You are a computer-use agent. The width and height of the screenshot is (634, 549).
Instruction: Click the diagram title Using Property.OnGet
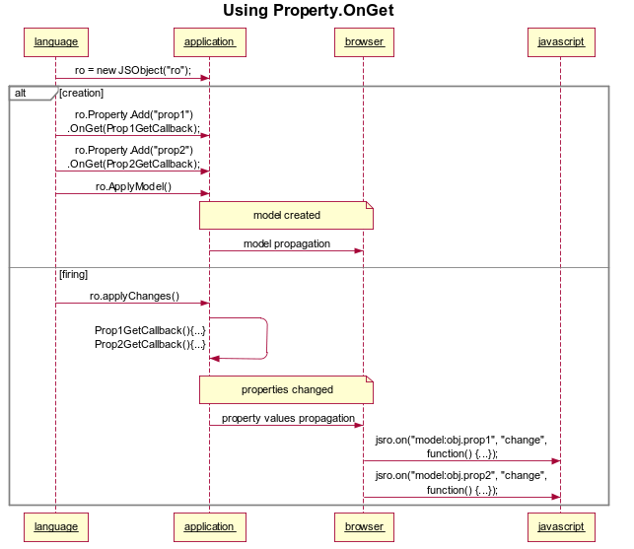click(309, 11)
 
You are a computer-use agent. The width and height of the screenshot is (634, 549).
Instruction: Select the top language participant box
click(55, 42)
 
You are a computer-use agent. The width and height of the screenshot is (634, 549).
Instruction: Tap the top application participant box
click(209, 42)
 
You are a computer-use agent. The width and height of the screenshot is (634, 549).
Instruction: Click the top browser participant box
click(364, 42)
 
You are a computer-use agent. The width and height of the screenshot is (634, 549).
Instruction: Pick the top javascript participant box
click(561, 42)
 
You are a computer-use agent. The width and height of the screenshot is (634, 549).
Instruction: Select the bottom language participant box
click(55, 526)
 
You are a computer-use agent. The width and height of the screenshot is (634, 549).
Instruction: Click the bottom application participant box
click(209, 526)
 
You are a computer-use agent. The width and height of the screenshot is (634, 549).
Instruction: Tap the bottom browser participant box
click(364, 526)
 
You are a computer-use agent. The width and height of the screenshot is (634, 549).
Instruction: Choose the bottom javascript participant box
click(561, 526)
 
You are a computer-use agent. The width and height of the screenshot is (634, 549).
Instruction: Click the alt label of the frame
click(22, 93)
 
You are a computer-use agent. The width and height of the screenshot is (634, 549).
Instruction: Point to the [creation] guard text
click(81, 93)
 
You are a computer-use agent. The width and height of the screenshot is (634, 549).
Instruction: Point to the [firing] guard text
click(74, 275)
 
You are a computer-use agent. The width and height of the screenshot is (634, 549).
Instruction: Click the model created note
click(286, 215)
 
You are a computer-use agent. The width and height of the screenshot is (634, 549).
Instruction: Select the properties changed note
click(286, 389)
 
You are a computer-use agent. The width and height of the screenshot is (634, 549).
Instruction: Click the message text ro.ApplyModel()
click(133, 186)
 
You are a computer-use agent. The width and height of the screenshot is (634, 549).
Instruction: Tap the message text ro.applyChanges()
click(134, 296)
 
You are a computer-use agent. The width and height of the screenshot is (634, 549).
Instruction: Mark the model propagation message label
click(287, 243)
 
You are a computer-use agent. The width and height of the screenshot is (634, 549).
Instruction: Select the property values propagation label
click(287, 418)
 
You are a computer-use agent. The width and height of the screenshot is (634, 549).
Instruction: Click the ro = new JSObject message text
click(132, 70)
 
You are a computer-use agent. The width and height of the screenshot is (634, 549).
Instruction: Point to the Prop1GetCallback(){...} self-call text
click(150, 330)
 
